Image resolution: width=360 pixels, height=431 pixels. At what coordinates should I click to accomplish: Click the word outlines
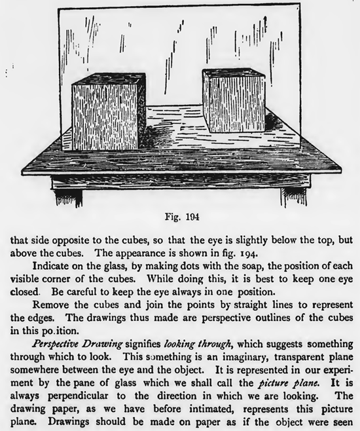[x=280, y=317]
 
